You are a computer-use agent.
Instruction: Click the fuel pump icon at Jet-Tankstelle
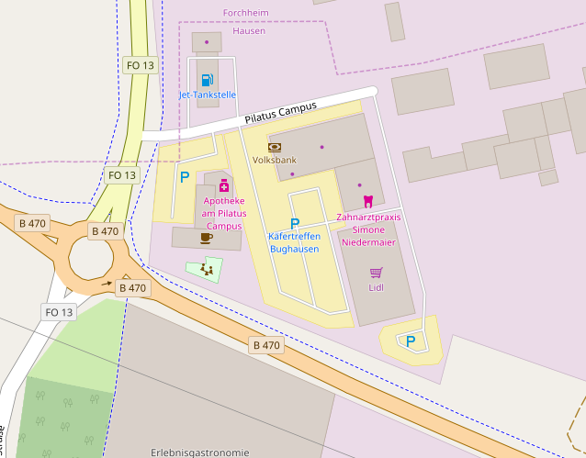pyautogui.click(x=207, y=80)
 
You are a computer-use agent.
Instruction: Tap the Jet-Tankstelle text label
pyautogui.click(x=207, y=95)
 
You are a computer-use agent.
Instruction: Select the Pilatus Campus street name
pyautogui.click(x=280, y=113)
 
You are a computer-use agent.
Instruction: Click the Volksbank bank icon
pyautogui.click(x=275, y=147)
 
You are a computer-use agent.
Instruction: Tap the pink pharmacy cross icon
pyautogui.click(x=223, y=185)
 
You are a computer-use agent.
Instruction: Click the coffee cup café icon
pyautogui.click(x=206, y=238)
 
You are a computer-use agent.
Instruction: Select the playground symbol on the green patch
pyautogui.click(x=208, y=270)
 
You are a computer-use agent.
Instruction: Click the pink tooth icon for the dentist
pyautogui.click(x=367, y=201)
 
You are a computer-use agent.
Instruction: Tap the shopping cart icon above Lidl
pyautogui.click(x=376, y=272)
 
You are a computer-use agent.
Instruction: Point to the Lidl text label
pyautogui.click(x=376, y=287)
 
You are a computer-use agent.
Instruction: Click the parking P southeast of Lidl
pyautogui.click(x=411, y=341)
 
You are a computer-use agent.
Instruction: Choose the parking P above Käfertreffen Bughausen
pyautogui.click(x=295, y=223)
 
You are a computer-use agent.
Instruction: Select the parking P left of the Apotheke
pyautogui.click(x=185, y=176)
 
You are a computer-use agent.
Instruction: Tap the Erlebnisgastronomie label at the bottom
pyautogui.click(x=199, y=452)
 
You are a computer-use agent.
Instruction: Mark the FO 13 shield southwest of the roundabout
pyautogui.click(x=59, y=312)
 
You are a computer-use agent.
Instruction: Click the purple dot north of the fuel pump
pyautogui.click(x=207, y=41)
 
